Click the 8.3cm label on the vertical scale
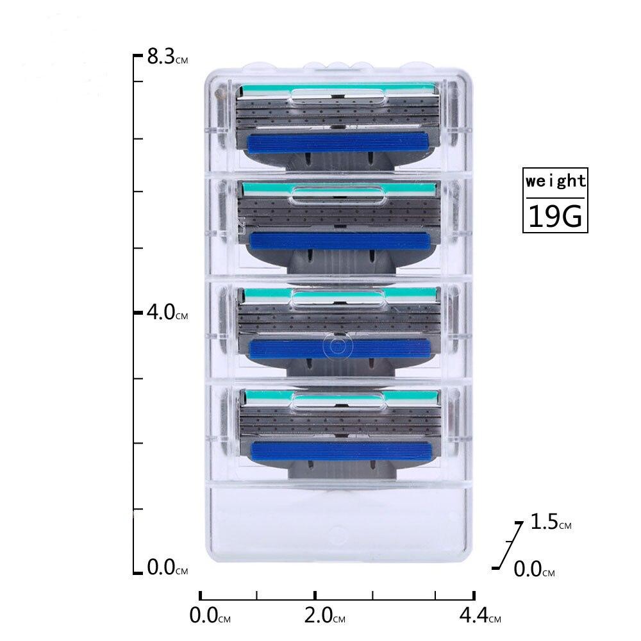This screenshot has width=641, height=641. tap(167, 58)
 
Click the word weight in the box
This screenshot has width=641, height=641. tap(555, 181)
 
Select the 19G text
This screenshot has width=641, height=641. tap(555, 217)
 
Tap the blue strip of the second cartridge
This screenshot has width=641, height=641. tap(339, 240)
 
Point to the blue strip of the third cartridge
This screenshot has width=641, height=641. tap(339, 347)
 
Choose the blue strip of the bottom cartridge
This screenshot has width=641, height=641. tap(339, 449)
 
